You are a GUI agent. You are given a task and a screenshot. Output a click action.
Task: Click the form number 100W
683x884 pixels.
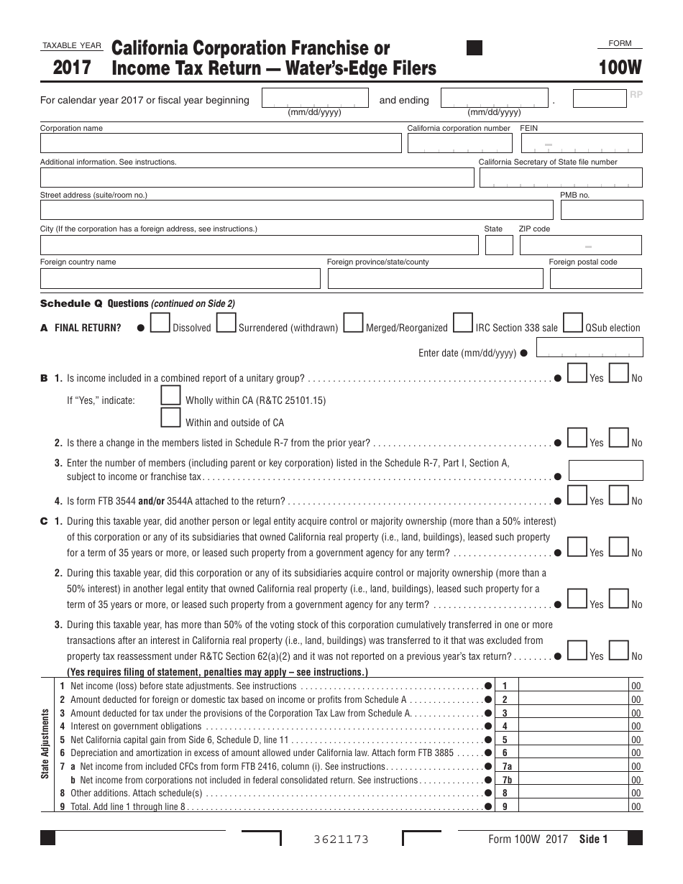[x=622, y=68]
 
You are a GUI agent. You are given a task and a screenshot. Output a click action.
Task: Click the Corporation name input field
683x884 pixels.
[x=220, y=143]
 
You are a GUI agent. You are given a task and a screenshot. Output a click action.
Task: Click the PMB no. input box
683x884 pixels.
[x=601, y=210]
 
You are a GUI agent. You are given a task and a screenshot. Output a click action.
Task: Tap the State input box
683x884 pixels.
[x=499, y=245]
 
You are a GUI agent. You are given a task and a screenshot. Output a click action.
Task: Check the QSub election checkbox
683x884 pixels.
[x=573, y=323]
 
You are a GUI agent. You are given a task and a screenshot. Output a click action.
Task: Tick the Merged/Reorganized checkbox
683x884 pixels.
[x=353, y=323]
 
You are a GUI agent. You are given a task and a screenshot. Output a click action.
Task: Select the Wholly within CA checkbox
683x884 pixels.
[x=170, y=396]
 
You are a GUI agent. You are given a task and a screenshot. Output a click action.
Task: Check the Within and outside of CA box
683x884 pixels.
[x=170, y=418]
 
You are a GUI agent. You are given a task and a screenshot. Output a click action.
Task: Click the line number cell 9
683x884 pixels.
[x=505, y=807]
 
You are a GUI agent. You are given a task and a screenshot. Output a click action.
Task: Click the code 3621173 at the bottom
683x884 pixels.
[x=341, y=839]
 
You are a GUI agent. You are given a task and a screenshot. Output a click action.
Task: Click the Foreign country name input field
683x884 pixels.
[x=180, y=279]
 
